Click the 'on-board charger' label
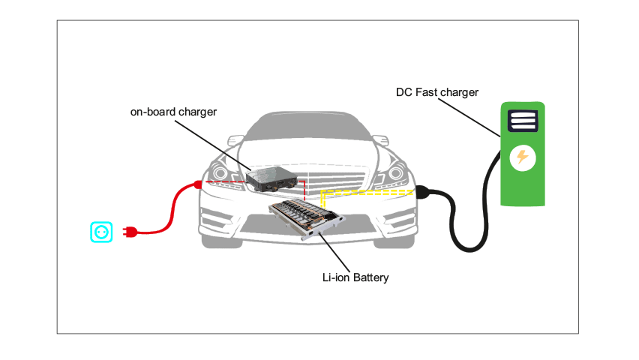[173, 112]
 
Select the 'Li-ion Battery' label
[355, 278]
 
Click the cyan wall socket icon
[101, 232]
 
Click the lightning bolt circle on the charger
[523, 157]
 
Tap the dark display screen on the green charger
[522, 120]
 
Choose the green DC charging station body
[523, 187]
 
